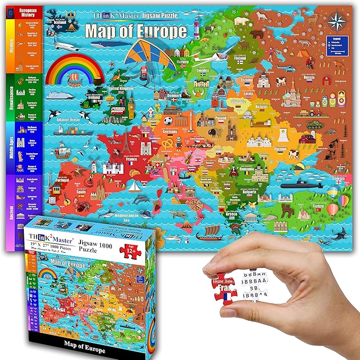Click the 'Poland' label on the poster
(x=220, y=118)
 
